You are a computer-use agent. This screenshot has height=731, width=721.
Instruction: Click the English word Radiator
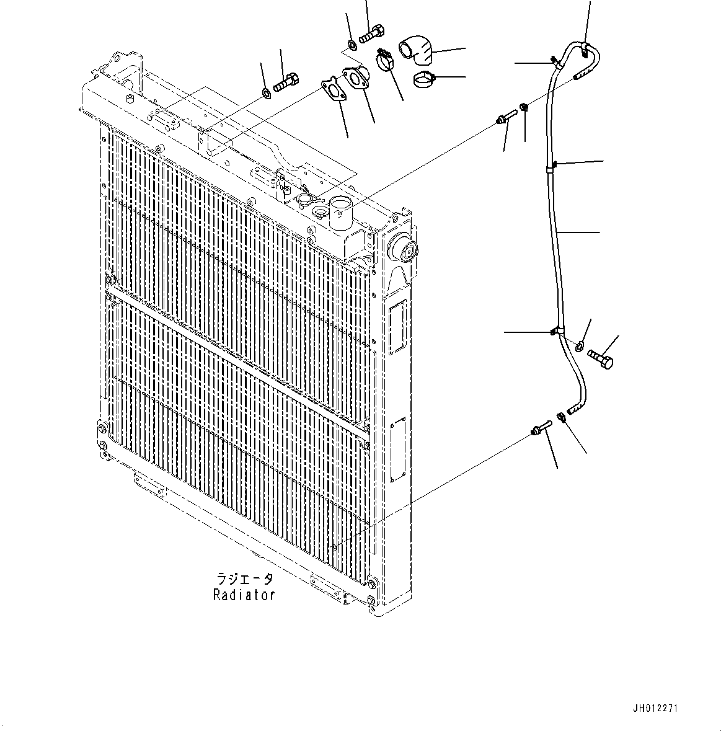(x=244, y=595)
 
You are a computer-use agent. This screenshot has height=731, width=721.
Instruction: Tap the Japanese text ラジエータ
(x=244, y=579)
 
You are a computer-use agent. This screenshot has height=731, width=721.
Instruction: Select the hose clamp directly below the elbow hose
(x=425, y=79)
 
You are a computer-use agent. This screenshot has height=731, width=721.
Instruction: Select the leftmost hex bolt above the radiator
(x=286, y=81)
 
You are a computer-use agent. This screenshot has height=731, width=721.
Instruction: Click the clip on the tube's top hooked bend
(x=585, y=52)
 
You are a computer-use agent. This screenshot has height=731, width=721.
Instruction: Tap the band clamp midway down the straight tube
(x=552, y=165)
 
